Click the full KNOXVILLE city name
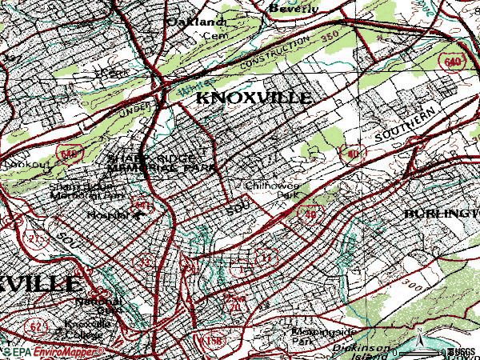[254, 98]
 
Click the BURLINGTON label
[440, 215]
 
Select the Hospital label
[107, 215]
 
